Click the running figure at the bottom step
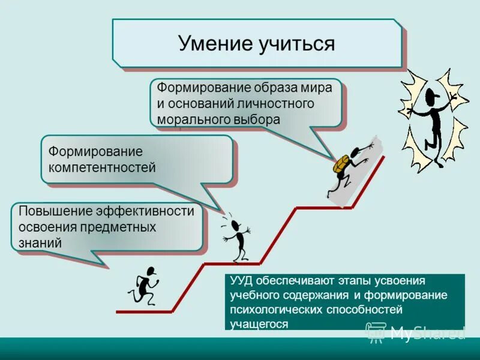click(143, 286)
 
